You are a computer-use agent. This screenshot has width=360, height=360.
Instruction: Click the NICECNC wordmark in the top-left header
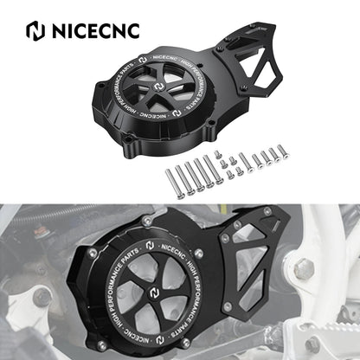coord(96,30)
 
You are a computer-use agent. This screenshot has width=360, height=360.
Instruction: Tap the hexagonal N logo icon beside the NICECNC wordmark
coord(35,30)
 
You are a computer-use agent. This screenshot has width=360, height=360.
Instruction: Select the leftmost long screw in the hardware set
coord(174,183)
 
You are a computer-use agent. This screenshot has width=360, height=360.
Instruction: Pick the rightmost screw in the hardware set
coord(283,152)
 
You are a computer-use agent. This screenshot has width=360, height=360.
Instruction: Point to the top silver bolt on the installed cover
coord(147,222)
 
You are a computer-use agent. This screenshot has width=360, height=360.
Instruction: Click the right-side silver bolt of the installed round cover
coord(198,254)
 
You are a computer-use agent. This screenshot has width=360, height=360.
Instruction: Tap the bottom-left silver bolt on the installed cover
coord(101,344)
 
